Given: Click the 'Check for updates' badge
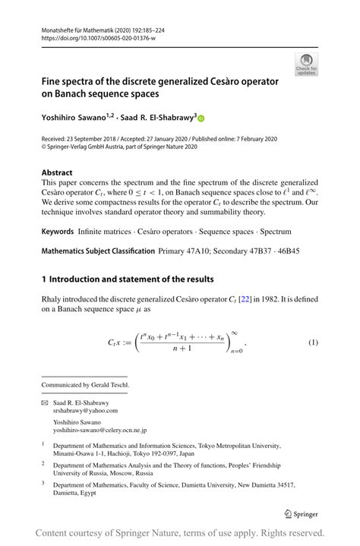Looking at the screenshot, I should tap(308, 65).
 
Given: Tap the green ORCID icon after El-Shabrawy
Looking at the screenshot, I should tap(201, 118).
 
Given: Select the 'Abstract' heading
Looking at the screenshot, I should tap(59, 172).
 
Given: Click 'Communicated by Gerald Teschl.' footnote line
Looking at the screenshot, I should tap(85, 384).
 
